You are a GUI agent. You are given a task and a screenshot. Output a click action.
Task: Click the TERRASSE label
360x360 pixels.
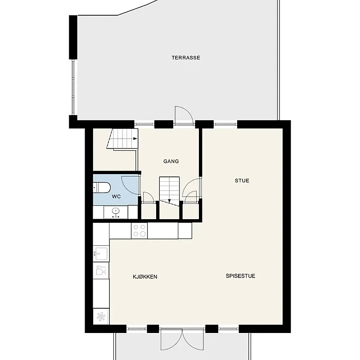(186, 58)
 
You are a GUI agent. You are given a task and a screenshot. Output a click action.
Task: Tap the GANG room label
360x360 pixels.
(171, 162)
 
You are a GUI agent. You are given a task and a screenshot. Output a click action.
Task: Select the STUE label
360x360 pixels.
(242, 181)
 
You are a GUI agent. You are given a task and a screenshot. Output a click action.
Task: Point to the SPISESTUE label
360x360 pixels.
(240, 276)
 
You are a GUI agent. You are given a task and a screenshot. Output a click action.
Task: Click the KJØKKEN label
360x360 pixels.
(145, 277)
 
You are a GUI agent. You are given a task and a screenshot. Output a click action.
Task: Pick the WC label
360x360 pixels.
(116, 197)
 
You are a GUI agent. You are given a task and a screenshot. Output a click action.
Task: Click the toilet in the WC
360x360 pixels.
(102, 188)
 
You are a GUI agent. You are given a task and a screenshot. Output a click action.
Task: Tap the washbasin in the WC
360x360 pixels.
(116, 212)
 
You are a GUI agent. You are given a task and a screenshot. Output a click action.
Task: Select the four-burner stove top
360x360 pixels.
(139, 231)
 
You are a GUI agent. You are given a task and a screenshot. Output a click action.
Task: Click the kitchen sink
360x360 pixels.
(101, 253)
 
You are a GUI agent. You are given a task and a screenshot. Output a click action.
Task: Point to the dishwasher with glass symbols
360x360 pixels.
(101, 270)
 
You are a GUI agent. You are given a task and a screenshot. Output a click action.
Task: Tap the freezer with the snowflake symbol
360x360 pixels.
(101, 317)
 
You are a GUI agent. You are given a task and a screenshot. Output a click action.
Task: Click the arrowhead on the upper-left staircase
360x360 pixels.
(135, 139)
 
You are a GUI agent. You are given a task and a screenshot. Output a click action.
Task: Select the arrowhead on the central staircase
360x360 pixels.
(170, 201)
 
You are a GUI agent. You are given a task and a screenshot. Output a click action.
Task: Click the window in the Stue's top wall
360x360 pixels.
(225, 124)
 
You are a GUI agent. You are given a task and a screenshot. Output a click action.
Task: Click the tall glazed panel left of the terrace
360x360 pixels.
(73, 87)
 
